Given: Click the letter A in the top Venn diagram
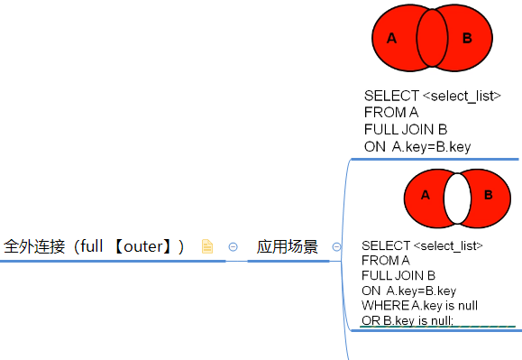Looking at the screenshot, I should click(x=391, y=38).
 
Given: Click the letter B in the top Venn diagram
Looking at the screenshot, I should click(x=467, y=38).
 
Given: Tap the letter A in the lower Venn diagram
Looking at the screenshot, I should click(x=425, y=195).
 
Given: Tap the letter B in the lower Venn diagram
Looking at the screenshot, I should click(x=489, y=195).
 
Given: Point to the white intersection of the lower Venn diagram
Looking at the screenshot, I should click(x=457, y=198).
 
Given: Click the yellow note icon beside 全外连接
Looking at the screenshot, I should click(x=206, y=246).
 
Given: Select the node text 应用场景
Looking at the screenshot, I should click(x=287, y=246).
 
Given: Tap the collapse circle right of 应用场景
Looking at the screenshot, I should click(x=337, y=246).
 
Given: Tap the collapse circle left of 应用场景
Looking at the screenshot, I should click(x=233, y=246).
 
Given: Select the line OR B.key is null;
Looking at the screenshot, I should click(x=408, y=320).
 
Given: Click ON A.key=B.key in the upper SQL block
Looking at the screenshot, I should click(x=417, y=146).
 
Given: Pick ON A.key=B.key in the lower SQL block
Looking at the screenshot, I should click(x=408, y=291).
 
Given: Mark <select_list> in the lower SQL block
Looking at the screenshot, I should click(x=449, y=245).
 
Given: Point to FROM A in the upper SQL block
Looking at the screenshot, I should click(x=391, y=112).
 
